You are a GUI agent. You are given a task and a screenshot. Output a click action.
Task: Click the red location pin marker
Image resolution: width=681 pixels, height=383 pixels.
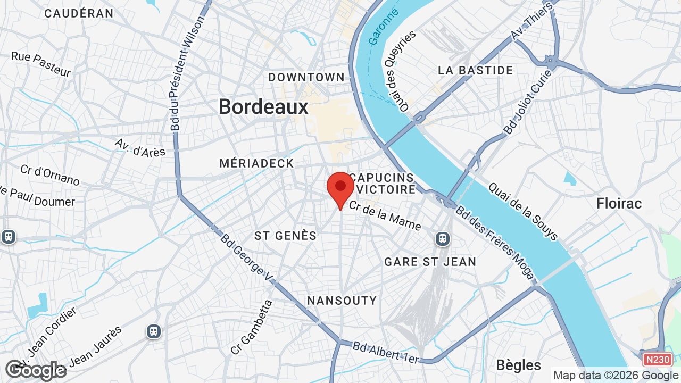(x=340, y=187)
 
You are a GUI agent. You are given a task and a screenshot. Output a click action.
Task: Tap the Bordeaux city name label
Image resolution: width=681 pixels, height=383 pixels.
(x=263, y=107)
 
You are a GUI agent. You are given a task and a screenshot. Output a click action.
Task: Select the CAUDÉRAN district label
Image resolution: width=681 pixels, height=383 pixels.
(x=79, y=13)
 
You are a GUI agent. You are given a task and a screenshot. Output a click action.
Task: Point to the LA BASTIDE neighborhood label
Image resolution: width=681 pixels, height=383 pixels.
(x=476, y=70)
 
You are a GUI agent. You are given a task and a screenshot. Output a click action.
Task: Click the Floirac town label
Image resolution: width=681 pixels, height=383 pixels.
(x=619, y=203)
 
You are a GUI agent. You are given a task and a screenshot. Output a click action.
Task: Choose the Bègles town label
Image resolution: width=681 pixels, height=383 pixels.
(x=518, y=365)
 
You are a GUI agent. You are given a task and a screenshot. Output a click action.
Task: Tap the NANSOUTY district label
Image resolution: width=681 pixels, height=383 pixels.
(x=342, y=301)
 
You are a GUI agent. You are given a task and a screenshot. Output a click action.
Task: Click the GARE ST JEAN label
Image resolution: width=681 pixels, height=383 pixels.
(x=430, y=262)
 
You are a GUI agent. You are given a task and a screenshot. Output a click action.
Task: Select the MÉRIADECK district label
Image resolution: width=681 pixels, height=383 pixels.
(x=256, y=163)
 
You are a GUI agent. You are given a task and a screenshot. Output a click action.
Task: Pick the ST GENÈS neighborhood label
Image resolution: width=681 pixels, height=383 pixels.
(x=286, y=236)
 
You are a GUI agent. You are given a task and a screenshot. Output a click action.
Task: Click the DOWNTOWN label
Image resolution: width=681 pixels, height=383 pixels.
(x=306, y=77)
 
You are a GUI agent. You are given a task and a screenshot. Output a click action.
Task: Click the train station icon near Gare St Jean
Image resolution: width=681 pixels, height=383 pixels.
(x=443, y=239)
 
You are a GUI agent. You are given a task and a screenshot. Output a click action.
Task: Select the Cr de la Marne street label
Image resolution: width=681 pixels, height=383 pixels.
(x=385, y=215)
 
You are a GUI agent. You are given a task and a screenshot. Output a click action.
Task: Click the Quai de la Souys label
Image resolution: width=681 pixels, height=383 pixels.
(x=523, y=211)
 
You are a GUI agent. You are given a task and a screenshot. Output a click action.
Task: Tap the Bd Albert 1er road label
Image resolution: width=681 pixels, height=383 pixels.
(x=386, y=352)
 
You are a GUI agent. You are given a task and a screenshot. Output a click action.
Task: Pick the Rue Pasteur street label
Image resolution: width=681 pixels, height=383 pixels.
(x=41, y=64)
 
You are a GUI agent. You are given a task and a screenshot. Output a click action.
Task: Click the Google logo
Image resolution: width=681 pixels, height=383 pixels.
(x=36, y=370)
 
